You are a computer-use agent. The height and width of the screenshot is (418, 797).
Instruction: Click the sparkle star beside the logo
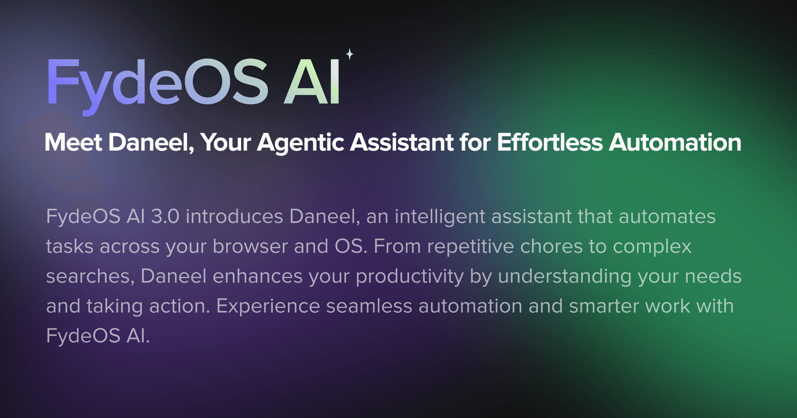350,54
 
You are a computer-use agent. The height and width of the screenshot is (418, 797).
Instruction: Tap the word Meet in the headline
73,143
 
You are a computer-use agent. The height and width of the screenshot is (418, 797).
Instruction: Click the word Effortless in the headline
550,143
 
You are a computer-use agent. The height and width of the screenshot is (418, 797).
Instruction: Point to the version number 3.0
165,217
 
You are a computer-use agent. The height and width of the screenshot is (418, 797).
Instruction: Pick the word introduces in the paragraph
234,217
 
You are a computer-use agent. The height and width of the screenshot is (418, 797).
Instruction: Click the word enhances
257,276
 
